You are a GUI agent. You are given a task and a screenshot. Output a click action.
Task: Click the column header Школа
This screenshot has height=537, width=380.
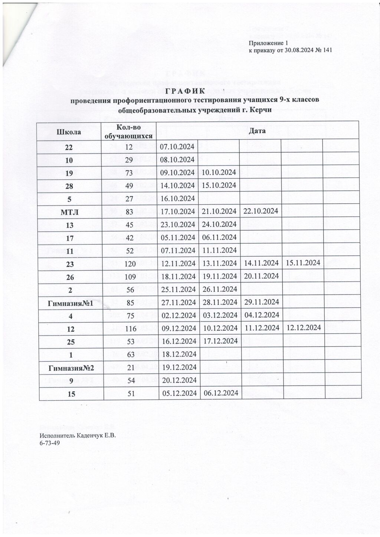pyautogui.click(x=69, y=131)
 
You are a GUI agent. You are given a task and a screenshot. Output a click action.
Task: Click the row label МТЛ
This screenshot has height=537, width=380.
pyautogui.click(x=69, y=211)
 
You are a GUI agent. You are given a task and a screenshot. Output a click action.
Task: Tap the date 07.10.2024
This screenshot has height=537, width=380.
pyautogui.click(x=177, y=147)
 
